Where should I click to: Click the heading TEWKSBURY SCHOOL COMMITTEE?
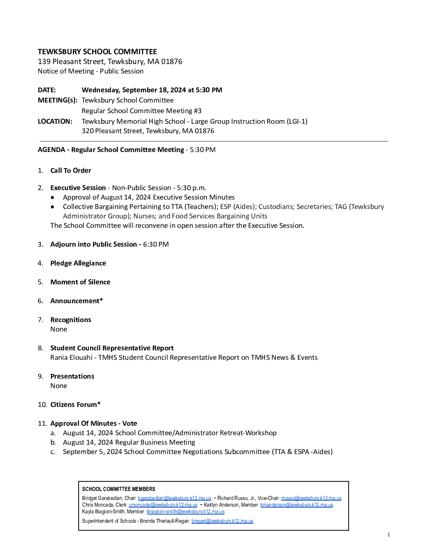[97, 52]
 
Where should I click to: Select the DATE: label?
[47, 90]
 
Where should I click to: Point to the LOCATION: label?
[55, 121]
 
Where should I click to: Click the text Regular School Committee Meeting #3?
[142, 111]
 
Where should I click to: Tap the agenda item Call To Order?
[71, 170]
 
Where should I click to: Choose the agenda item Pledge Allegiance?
[78, 263]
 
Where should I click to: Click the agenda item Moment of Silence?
[80, 282]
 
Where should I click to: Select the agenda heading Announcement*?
[77, 301]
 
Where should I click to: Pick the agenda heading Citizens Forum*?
[76, 405]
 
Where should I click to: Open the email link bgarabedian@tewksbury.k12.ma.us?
[175, 498]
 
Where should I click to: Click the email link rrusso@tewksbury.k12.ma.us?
[311, 498]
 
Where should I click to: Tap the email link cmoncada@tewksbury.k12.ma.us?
[163, 505]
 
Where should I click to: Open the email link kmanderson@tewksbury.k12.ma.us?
[297, 505]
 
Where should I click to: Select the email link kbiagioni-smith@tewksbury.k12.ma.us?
[186, 511]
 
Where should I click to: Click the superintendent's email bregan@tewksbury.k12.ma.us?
[222, 521]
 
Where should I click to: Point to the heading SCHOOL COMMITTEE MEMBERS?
[119, 489]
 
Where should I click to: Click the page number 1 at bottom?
[389, 535]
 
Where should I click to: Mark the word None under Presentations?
[59, 386]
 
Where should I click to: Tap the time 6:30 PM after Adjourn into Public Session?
[156, 244]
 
